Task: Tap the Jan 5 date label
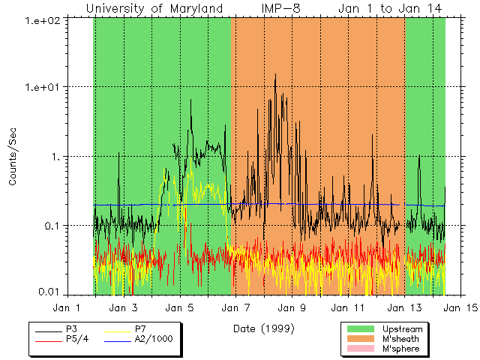180,307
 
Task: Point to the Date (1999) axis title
263,328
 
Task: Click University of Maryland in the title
154,8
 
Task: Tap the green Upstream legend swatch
361,329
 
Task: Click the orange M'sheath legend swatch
361,340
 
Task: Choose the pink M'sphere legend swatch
361,350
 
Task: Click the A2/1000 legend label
154,339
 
